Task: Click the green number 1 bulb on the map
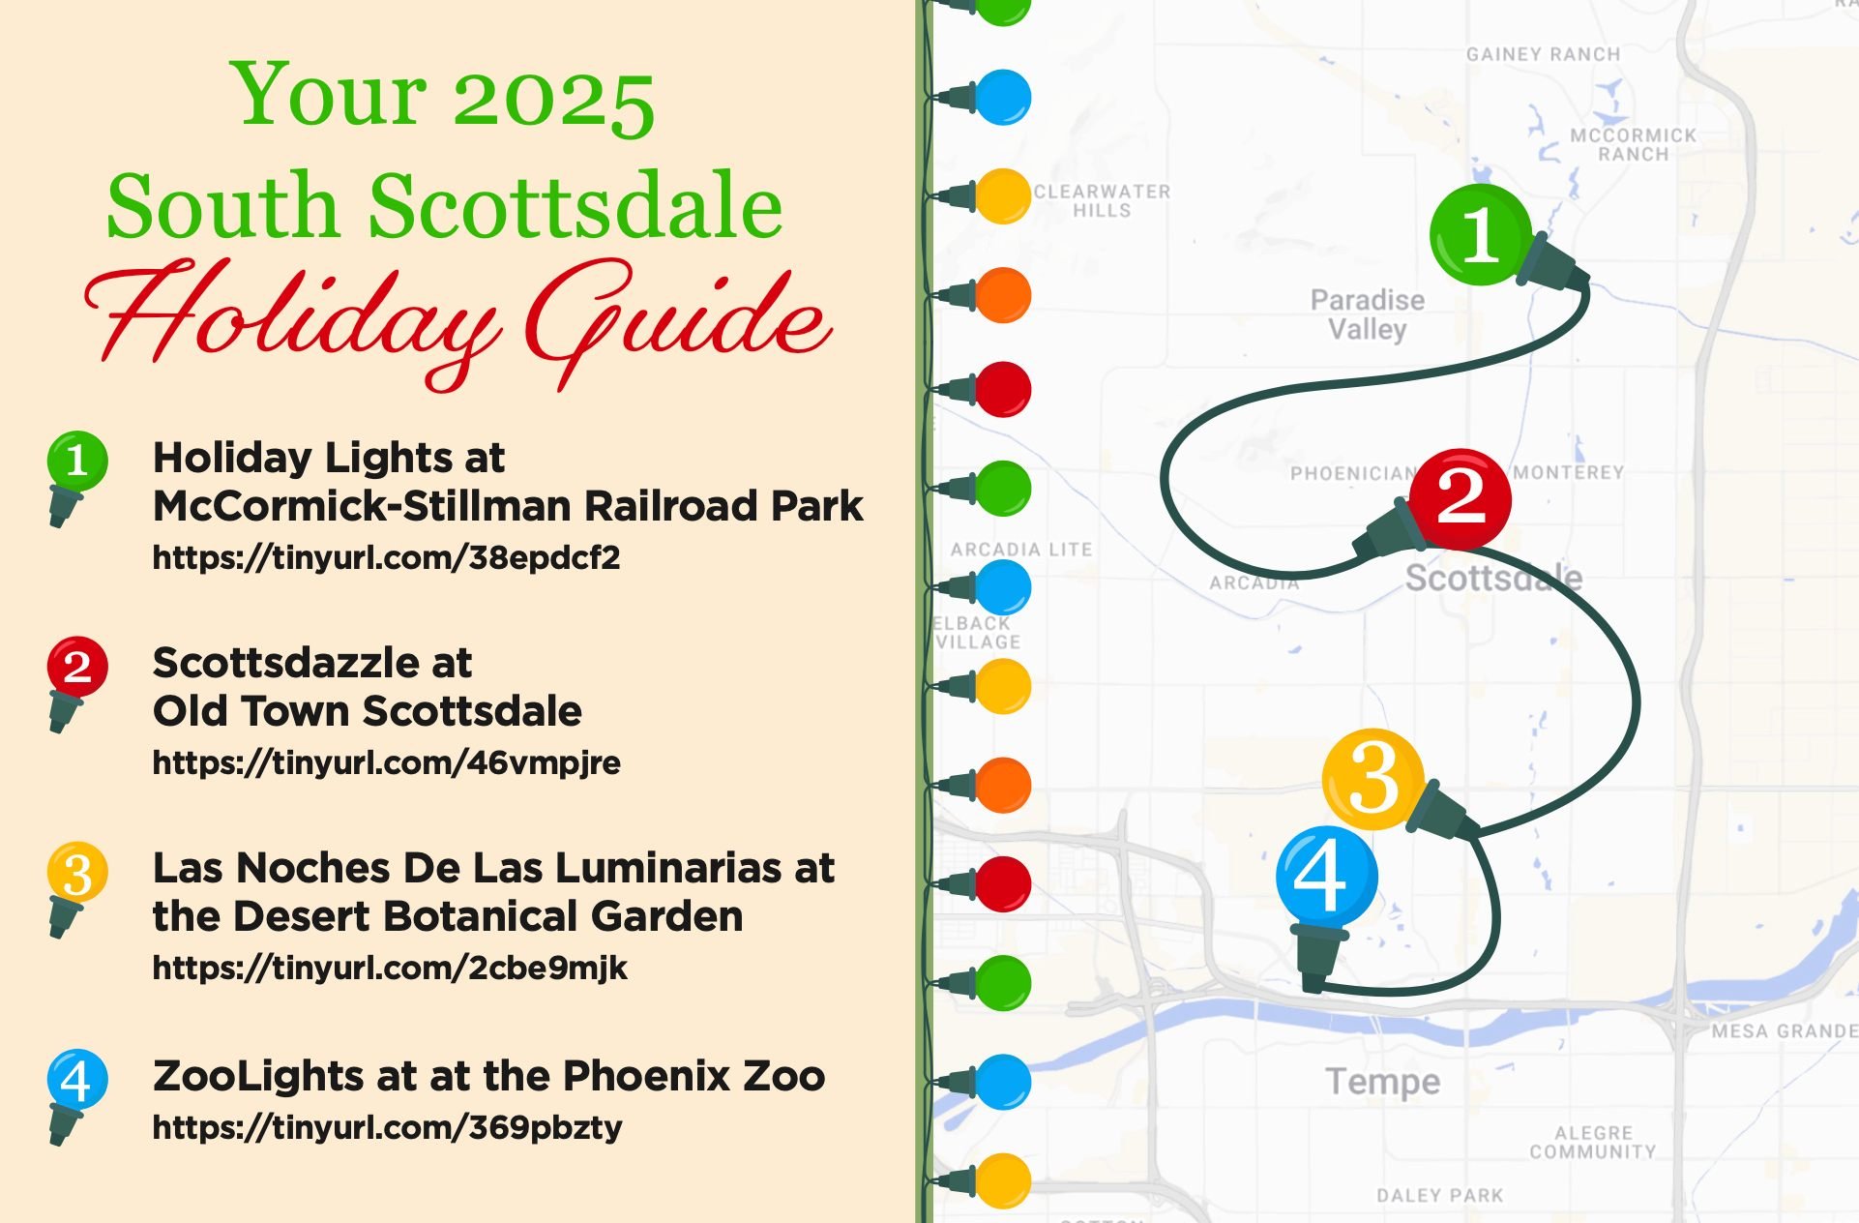pos(1480,234)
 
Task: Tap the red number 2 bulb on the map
pos(1460,496)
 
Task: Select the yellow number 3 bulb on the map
pos(1372,778)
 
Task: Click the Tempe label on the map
pos(1382,1081)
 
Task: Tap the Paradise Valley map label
pos(1367,314)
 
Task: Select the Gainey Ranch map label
pos(1543,54)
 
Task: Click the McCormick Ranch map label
pos(1633,144)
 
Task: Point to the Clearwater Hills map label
pos(1102,200)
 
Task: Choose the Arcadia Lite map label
pos(1021,550)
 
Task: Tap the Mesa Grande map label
pos(1784,1031)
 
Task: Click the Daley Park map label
pos(1440,1196)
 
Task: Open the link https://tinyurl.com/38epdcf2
pos(386,558)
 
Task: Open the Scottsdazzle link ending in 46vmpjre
pos(386,763)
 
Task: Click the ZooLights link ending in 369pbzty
pos(387,1127)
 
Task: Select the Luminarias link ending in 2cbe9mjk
pos(390,969)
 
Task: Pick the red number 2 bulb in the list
pos(76,666)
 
